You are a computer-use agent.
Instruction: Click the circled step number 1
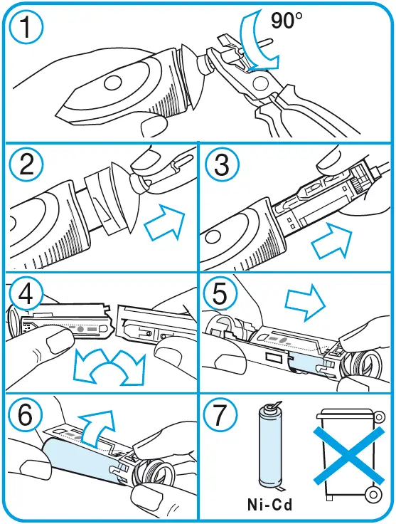tap(26, 26)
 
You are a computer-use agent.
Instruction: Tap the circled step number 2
tap(26, 164)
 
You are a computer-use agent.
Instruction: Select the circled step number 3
tap(222, 164)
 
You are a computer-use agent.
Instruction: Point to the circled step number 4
tap(26, 294)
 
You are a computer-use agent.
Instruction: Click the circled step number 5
tap(220, 293)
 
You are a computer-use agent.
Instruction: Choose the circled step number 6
tap(26, 415)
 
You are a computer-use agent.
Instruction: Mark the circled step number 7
tap(220, 415)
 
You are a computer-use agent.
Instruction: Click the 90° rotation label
tap(287, 20)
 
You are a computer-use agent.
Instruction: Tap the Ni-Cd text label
tap(270, 504)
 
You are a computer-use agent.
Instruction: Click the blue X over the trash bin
tap(349, 456)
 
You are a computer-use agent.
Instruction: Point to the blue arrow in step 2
tap(165, 221)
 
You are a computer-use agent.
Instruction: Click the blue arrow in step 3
tap(332, 241)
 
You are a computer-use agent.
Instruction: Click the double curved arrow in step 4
tap(109, 367)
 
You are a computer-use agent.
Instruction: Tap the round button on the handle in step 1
tap(113, 83)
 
